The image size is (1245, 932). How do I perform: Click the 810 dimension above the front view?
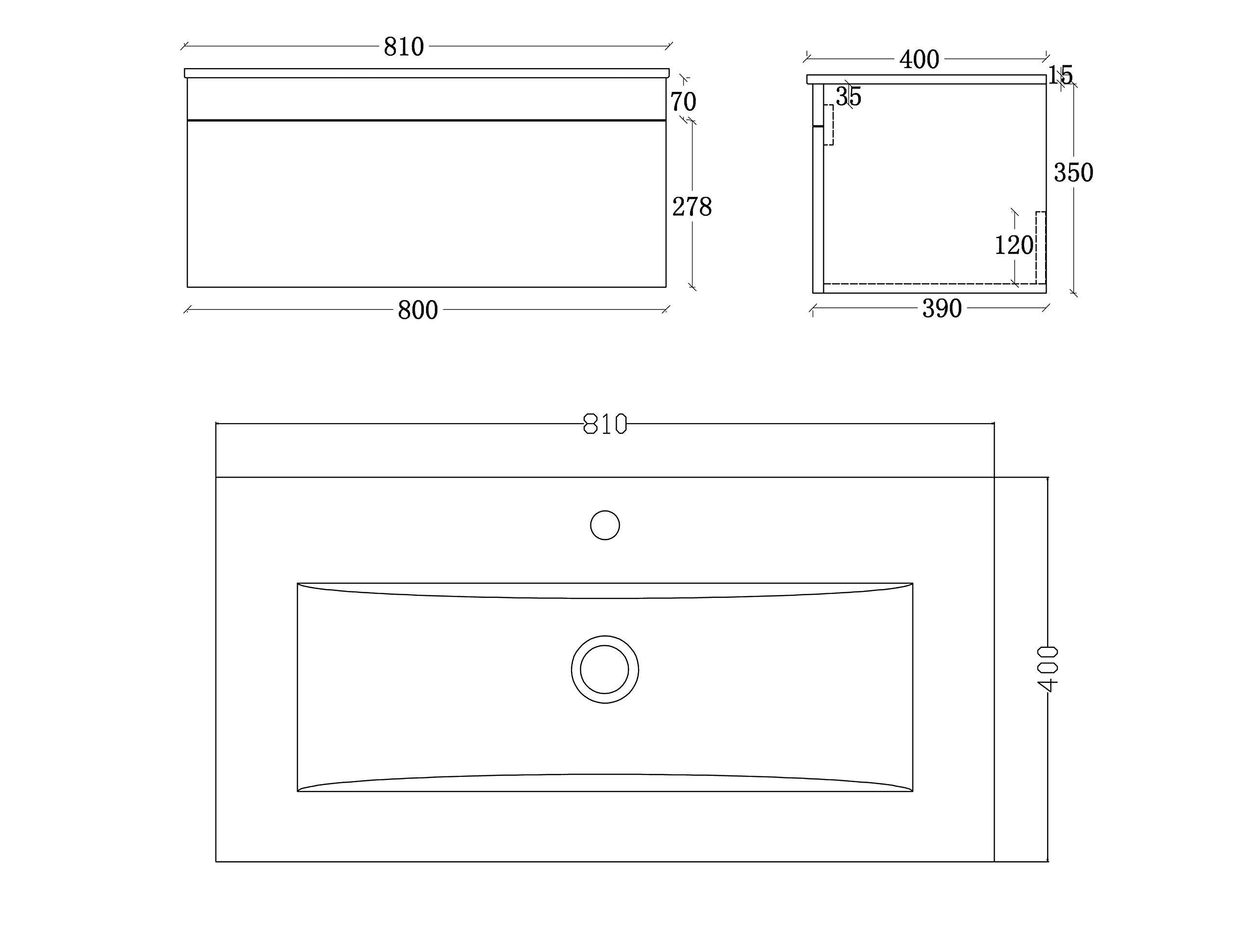pyautogui.click(x=404, y=47)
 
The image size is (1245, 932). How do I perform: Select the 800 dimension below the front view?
pyautogui.click(x=418, y=310)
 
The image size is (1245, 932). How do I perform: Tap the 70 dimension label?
pyautogui.click(x=683, y=102)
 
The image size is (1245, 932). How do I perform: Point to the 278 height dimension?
pyautogui.click(x=692, y=207)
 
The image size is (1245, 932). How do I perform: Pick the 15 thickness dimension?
pyautogui.click(x=1060, y=75)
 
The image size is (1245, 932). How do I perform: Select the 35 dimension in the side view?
pyautogui.click(x=848, y=97)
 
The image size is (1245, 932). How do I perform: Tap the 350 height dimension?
pyautogui.click(x=1073, y=173)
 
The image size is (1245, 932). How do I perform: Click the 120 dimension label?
pyautogui.click(x=1014, y=245)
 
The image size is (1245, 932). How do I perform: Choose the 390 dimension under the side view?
pyautogui.click(x=942, y=308)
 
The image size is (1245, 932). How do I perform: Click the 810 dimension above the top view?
pyautogui.click(x=605, y=424)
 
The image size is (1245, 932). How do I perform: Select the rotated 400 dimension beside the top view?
pyautogui.click(x=1047, y=669)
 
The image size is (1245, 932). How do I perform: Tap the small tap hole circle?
pyautogui.click(x=605, y=525)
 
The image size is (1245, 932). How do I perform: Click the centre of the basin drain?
pyautogui.click(x=605, y=669)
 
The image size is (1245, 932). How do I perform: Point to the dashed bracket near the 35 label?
pyautogui.click(x=829, y=125)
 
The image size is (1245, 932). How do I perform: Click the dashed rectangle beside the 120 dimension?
pyautogui.click(x=1041, y=248)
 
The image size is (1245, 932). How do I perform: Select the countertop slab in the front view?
pyautogui.click(x=426, y=73)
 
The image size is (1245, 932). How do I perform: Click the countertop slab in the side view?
pyautogui.click(x=926, y=79)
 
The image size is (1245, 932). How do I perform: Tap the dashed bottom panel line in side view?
pyautogui.click(x=929, y=284)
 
